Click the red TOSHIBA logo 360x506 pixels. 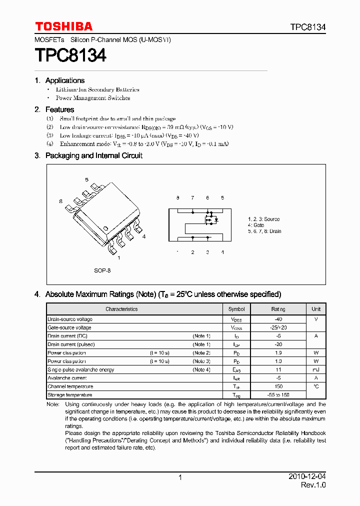[x=63, y=26]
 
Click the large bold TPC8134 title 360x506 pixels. [x=70, y=55]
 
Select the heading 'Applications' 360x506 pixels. [x=65, y=80]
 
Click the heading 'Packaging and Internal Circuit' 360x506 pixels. [x=94, y=155]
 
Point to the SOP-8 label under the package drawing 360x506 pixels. [x=102, y=270]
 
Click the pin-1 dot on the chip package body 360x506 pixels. [x=106, y=228]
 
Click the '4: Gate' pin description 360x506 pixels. [x=256, y=225]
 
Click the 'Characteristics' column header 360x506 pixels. [x=121, y=309]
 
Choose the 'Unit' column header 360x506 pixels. [x=316, y=309]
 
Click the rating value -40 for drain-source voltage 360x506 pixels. [x=278, y=319]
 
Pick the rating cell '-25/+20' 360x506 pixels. [x=278, y=327]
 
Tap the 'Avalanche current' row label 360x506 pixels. [x=67, y=378]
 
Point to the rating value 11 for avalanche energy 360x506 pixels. [x=278, y=369]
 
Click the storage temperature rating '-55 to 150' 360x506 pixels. [x=278, y=395]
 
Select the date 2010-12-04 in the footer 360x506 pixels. [x=307, y=477]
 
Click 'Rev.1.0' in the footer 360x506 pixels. [x=313, y=485]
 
